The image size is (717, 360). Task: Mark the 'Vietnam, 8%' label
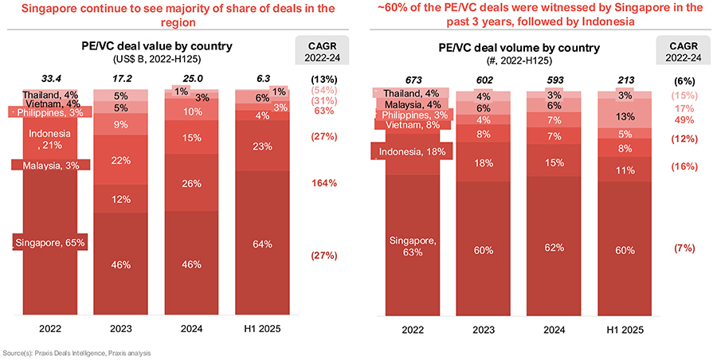coord(412,124)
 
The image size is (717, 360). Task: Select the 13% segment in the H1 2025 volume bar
coord(626,116)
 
